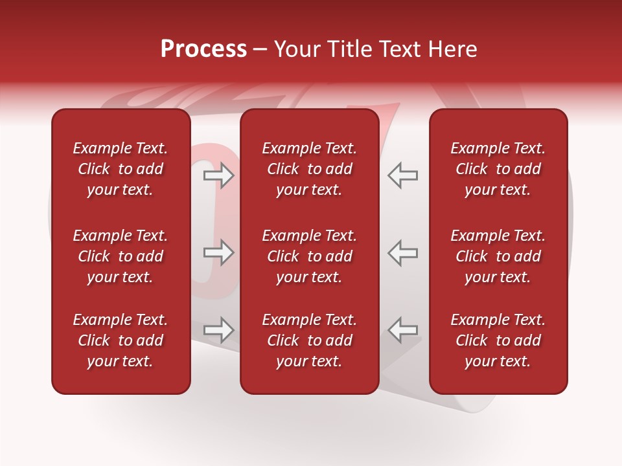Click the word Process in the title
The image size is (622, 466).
[x=203, y=49]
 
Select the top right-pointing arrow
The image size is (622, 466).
[x=219, y=175]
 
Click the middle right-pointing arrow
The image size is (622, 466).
[x=219, y=252]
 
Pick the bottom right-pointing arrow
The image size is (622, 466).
[x=219, y=330]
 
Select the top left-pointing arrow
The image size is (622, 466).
[x=403, y=175]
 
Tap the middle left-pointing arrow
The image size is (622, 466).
[x=403, y=252]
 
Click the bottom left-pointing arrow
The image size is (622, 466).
[x=403, y=330]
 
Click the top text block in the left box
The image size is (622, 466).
[x=120, y=169]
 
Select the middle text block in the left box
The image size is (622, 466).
[x=120, y=256]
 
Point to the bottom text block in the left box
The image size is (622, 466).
[x=120, y=340]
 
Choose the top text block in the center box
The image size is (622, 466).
[x=309, y=169]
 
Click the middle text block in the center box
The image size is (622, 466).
[x=309, y=256]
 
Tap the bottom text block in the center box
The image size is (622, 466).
[x=309, y=340]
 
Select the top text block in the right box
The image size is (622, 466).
[x=498, y=169]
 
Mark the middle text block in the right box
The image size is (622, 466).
[x=498, y=256]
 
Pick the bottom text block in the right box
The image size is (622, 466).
[x=498, y=340]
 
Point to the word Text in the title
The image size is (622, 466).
[x=398, y=49]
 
